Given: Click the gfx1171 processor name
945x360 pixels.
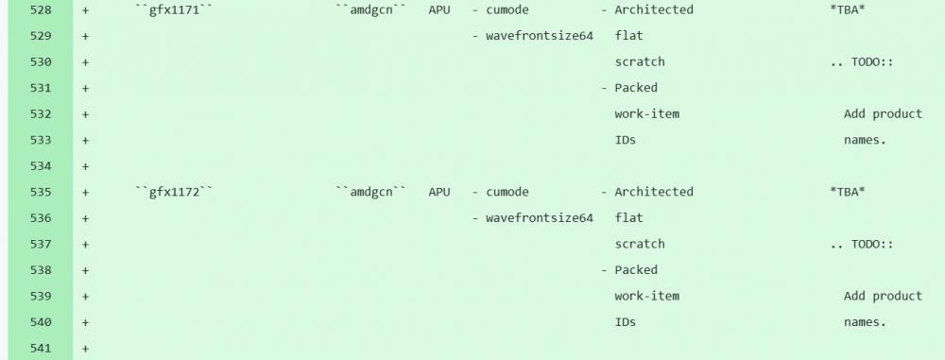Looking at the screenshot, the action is (174, 9).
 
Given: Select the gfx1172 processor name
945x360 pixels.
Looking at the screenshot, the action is (174, 192).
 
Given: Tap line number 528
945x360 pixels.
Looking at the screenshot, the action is (41, 9).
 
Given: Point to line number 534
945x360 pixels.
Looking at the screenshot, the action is (41, 166).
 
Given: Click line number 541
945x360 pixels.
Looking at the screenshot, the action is (41, 348).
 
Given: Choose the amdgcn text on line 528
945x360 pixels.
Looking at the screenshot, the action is (371, 9).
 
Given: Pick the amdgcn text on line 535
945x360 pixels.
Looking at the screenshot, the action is (371, 192).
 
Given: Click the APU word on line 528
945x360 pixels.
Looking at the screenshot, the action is (439, 9).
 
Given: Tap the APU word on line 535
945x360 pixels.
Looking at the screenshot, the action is (439, 192).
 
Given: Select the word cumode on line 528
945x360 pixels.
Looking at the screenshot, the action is (507, 9).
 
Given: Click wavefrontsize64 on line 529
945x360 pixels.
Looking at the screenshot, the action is (540, 36).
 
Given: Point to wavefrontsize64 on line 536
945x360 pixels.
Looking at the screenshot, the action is (540, 217).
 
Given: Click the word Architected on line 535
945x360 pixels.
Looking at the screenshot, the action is (654, 192).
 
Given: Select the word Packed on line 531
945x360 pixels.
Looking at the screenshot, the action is (636, 88).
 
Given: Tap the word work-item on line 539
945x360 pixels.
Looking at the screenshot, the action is (646, 296).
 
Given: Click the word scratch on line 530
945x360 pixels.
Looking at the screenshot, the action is (640, 61).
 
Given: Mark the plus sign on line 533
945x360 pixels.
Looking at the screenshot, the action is (86, 140).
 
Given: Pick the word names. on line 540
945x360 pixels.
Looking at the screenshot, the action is (866, 322).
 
